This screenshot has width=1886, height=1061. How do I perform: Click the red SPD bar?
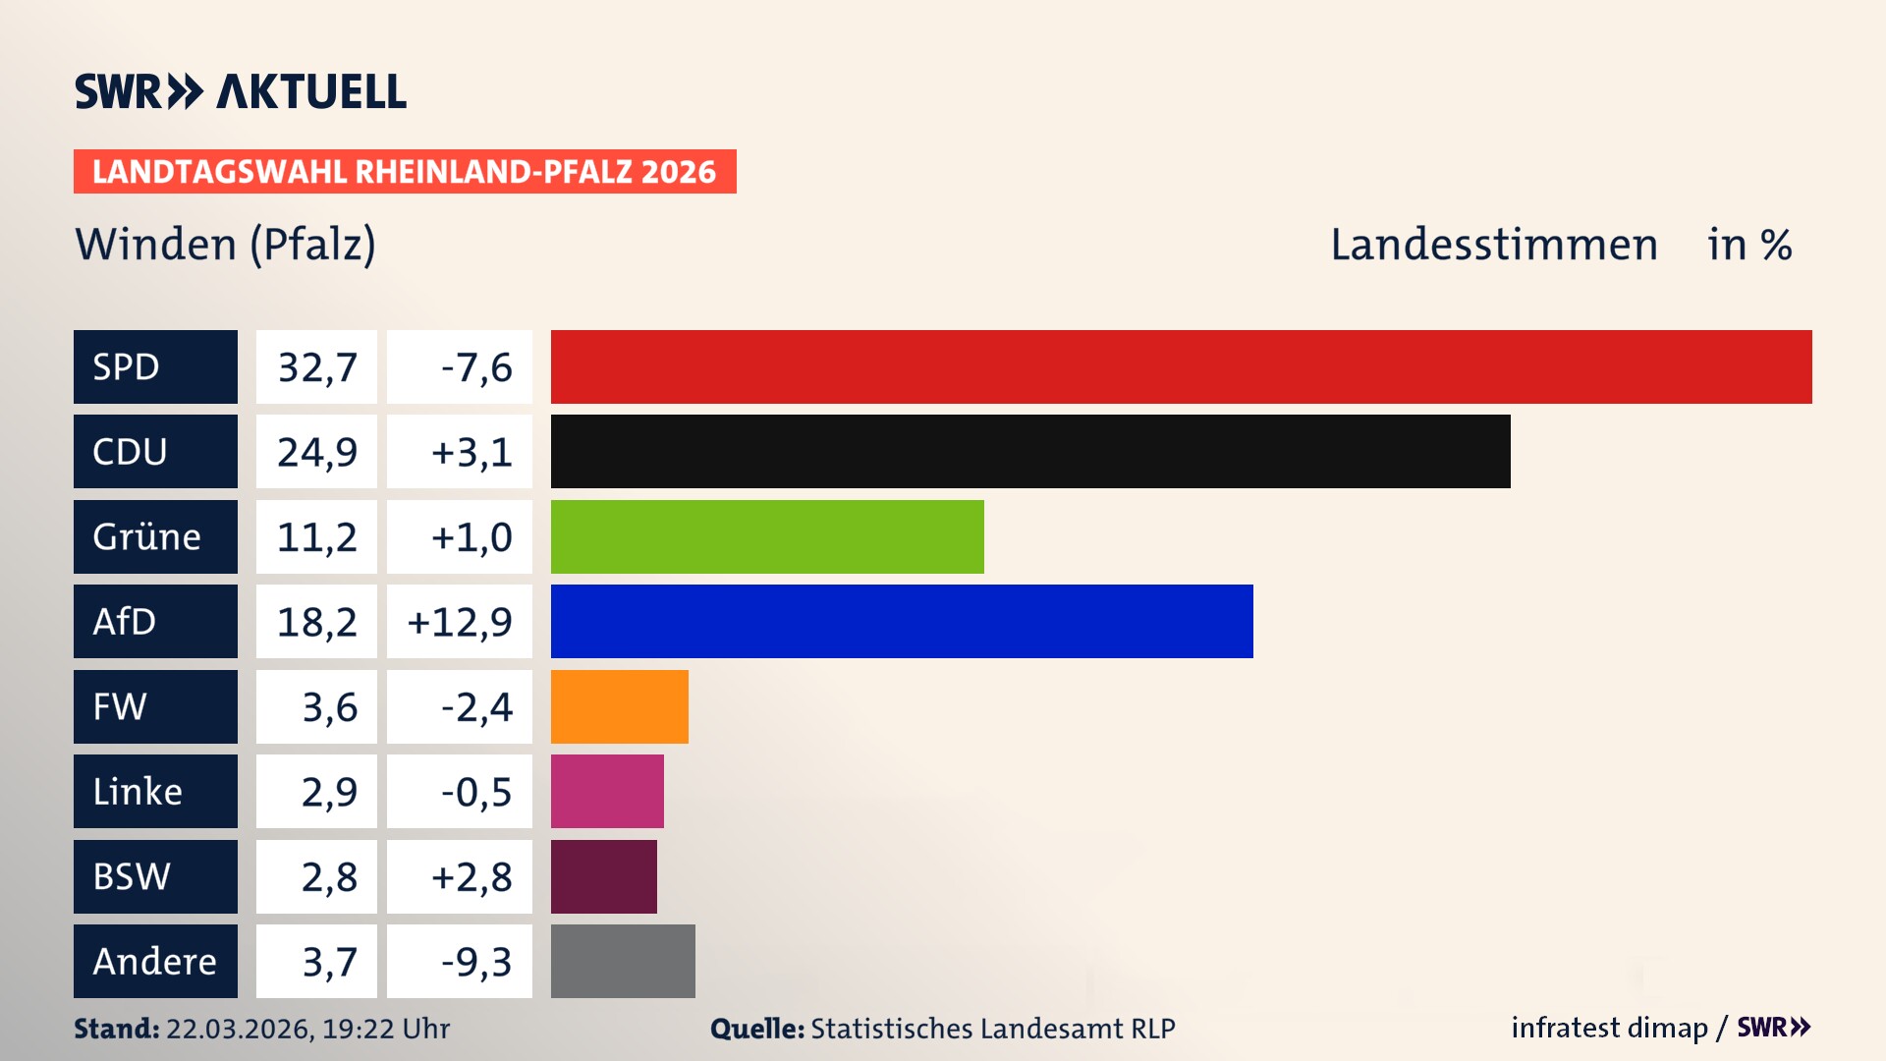pyautogui.click(x=1181, y=366)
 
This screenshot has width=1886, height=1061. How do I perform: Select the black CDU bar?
pyautogui.click(x=1030, y=451)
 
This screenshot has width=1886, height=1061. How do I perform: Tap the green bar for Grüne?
pyautogui.click(x=767, y=536)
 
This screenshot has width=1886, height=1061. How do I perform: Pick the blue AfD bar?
pyautogui.click(x=902, y=621)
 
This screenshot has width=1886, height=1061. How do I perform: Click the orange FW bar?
pyautogui.click(x=619, y=706)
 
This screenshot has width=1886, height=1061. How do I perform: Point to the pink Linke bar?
pyautogui.click(x=607, y=791)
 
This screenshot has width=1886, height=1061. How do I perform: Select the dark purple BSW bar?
pyautogui.click(x=603, y=876)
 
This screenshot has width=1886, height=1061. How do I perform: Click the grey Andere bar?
pyautogui.click(x=623, y=961)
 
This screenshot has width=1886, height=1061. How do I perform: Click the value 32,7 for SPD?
pyautogui.click(x=316, y=367)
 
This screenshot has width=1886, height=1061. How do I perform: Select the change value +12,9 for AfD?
pyautogui.click(x=460, y=622)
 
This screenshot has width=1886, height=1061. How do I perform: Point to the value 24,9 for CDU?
pyautogui.click(x=316, y=452)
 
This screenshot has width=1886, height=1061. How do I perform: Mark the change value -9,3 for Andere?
pyautogui.click(x=475, y=962)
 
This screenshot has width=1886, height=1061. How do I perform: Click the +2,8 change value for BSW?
pyautogui.click(x=471, y=877)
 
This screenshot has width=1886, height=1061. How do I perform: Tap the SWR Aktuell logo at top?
pyautogui.click(x=241, y=91)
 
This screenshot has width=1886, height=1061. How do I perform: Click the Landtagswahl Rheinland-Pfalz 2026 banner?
pyautogui.click(x=405, y=172)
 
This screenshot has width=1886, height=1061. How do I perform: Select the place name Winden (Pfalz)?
pyautogui.click(x=225, y=244)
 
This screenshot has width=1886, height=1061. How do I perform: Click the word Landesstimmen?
pyautogui.click(x=1493, y=245)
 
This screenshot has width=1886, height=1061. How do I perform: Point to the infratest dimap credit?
pyautogui.click(x=1609, y=1028)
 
